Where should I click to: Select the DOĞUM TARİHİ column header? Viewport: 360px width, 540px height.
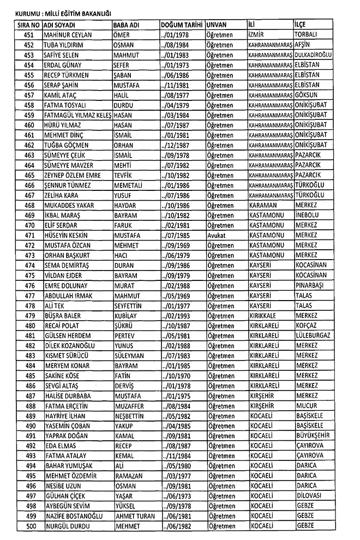182,25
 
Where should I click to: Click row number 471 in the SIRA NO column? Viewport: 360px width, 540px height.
29,235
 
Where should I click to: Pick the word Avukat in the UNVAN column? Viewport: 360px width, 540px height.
217,235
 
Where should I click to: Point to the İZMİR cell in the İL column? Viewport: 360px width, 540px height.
259,35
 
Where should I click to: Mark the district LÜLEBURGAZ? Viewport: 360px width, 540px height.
313,335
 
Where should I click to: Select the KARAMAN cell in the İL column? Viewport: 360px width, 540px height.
263,205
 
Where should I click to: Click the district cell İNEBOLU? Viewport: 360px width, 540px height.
309,215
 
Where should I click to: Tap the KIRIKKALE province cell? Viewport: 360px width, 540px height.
266,315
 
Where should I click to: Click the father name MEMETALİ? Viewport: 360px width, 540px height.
130,185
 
